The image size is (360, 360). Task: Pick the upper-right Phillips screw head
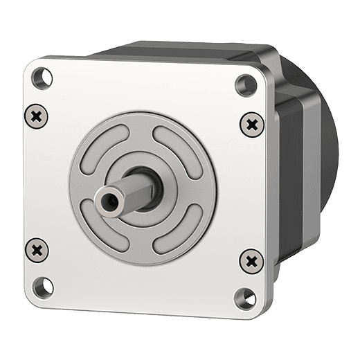tap(253, 125)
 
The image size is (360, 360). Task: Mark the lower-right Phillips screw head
tap(251, 260)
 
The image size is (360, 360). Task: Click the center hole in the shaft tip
tap(107, 201)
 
